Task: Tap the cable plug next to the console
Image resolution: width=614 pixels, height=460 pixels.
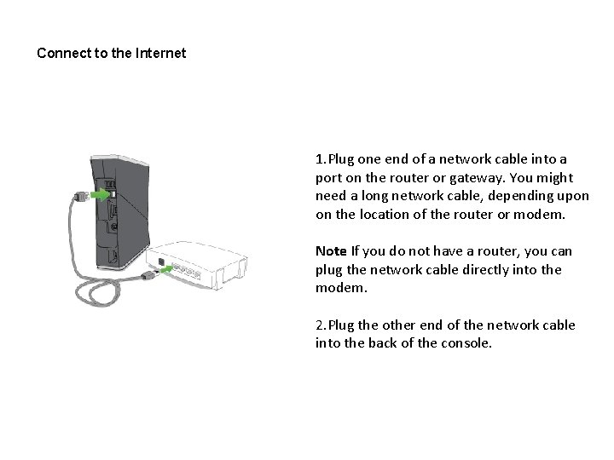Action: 80,197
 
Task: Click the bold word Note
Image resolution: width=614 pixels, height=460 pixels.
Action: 330,251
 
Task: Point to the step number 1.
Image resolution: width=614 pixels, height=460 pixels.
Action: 319,159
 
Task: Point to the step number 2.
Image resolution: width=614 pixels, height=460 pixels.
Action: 319,325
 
